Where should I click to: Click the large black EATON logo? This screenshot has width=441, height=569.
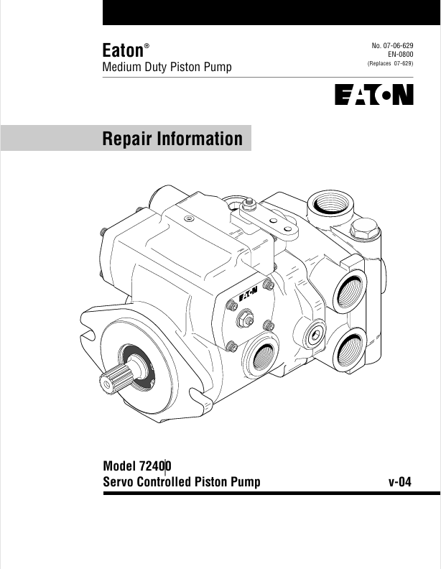(374, 95)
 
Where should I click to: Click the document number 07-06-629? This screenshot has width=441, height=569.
(398, 46)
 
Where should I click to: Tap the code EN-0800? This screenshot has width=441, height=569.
(400, 55)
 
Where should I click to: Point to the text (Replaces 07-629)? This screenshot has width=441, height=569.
(390, 63)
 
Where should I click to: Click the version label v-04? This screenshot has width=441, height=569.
(399, 482)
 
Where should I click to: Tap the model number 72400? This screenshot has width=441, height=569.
(155, 466)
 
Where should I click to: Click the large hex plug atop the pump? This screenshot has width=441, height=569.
(364, 228)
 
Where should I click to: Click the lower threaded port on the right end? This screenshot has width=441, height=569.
(349, 350)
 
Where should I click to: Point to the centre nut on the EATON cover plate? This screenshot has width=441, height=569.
(245, 319)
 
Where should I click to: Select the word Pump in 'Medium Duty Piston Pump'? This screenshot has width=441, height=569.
(219, 67)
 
